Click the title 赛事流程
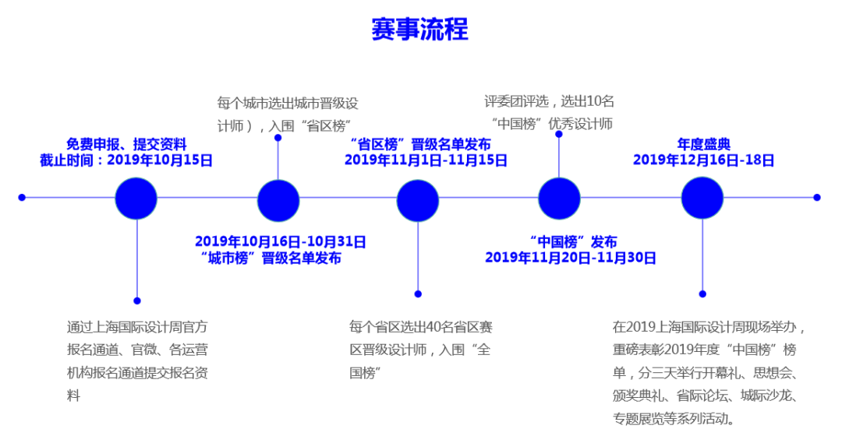[x=419, y=29]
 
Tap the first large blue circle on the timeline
[x=136, y=198]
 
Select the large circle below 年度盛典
[x=702, y=198]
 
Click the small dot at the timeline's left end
[x=22, y=198]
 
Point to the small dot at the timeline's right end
[x=816, y=198]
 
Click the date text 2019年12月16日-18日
[x=703, y=160]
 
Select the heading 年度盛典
[x=703, y=144]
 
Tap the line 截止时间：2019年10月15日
[x=126, y=160]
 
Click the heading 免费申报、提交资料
[x=126, y=144]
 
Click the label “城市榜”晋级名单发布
[x=271, y=258]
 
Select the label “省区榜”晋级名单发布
[x=420, y=144]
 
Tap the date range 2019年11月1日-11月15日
[x=426, y=160]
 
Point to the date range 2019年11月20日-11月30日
[x=571, y=258]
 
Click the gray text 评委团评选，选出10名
[x=549, y=101]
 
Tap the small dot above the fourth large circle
[x=559, y=134]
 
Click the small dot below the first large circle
[x=137, y=301]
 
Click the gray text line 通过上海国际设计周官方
[x=137, y=327]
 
